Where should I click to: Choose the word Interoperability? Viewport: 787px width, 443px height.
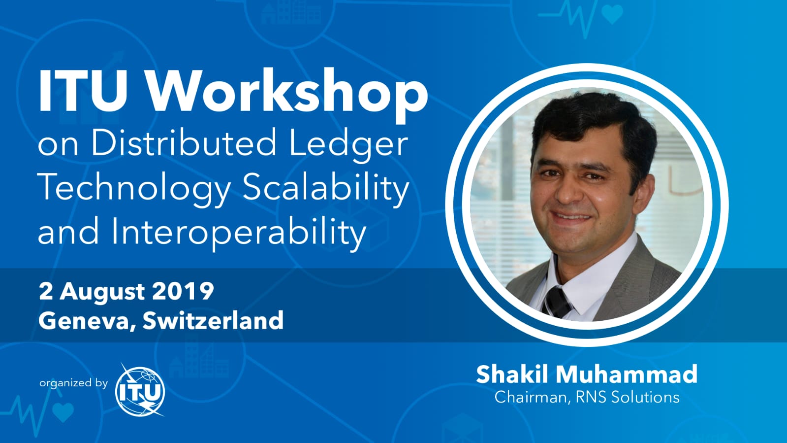click(x=239, y=232)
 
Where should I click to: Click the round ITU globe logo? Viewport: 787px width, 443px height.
click(x=140, y=390)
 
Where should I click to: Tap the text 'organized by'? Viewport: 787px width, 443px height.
click(x=73, y=382)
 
